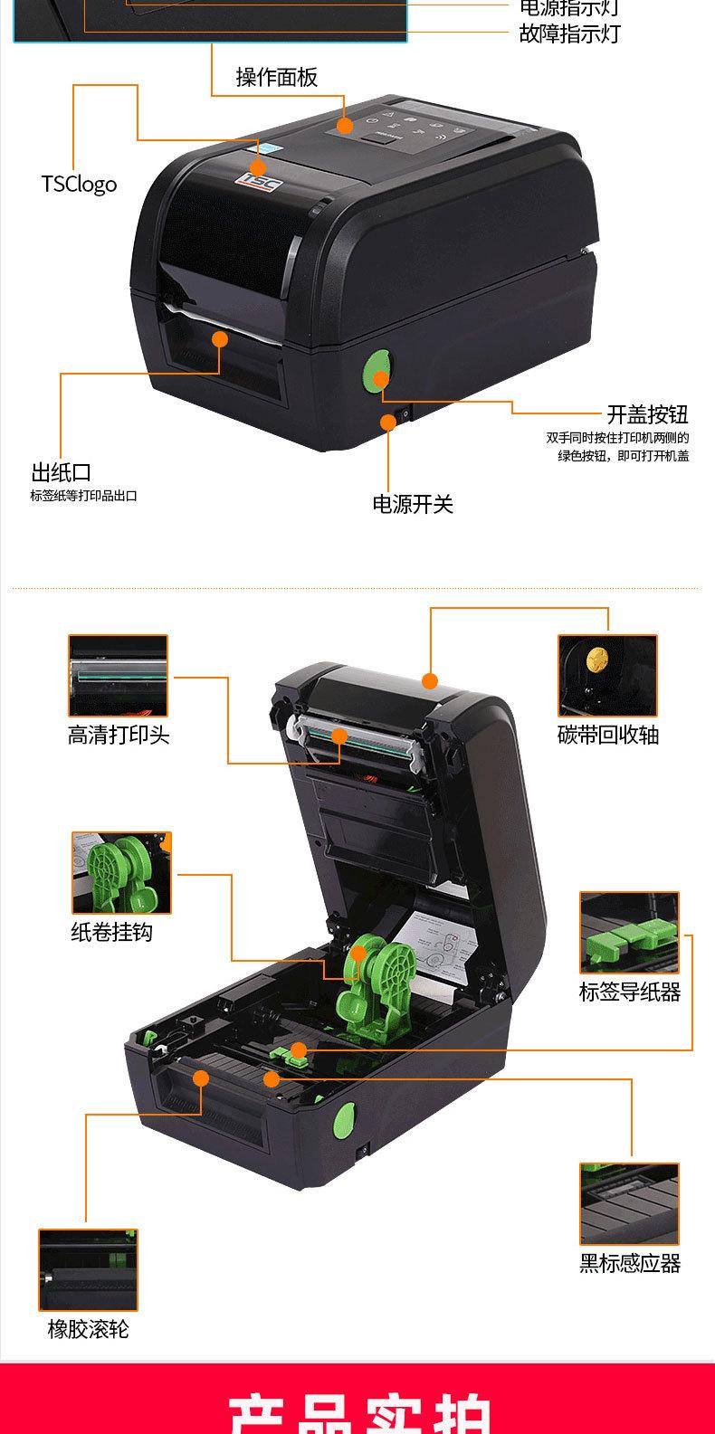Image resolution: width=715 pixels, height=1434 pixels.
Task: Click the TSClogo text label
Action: pos(79,184)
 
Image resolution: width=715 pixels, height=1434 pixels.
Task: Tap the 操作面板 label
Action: pos(277,78)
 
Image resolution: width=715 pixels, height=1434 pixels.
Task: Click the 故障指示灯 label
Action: pos(569,34)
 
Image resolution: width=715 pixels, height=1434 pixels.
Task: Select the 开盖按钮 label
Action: pos(647,414)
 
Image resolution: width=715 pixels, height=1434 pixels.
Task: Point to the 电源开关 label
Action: pos(413,504)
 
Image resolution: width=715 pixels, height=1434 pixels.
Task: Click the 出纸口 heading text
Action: pos(61,472)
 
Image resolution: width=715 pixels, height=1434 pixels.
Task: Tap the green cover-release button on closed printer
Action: pos(377,372)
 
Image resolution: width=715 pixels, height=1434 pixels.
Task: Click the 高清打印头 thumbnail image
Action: pos(119,676)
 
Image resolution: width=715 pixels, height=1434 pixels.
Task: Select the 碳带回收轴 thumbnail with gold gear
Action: pos(607,675)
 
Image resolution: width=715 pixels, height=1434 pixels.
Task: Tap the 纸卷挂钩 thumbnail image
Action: pos(121,873)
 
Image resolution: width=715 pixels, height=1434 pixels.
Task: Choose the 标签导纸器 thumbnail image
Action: pos(629,932)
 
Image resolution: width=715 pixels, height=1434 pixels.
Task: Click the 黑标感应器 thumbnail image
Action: pos(629,1203)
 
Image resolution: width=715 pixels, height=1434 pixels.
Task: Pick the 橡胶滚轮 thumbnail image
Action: pos(88,1269)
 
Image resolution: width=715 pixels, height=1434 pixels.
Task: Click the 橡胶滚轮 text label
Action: pos(88,1329)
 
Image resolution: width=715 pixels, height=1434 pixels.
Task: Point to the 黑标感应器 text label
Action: pos(630,1264)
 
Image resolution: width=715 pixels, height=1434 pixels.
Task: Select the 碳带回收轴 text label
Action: pos(607,735)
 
